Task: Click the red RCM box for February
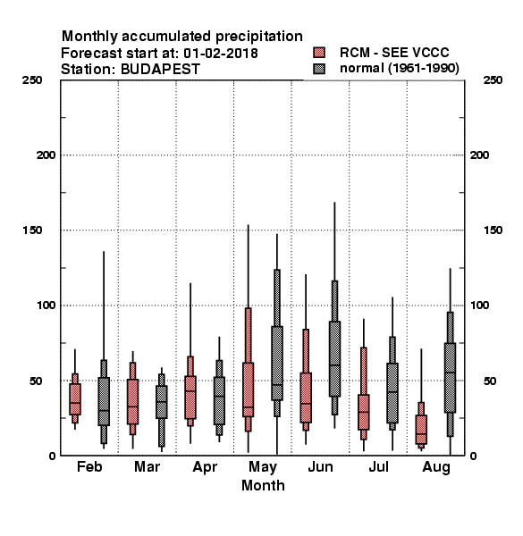click(x=75, y=399)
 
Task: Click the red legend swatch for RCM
click(x=319, y=53)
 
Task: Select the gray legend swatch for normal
click(x=319, y=69)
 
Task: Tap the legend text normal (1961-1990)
click(x=399, y=69)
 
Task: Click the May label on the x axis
click(x=263, y=467)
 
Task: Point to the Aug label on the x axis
click(x=436, y=467)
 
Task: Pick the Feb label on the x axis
click(x=89, y=466)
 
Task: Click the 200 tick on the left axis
click(x=46, y=155)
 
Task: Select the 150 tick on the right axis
click(x=493, y=230)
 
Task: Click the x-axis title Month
click(x=263, y=485)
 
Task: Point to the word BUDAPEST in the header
click(x=160, y=70)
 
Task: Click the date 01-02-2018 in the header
click(x=221, y=54)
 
